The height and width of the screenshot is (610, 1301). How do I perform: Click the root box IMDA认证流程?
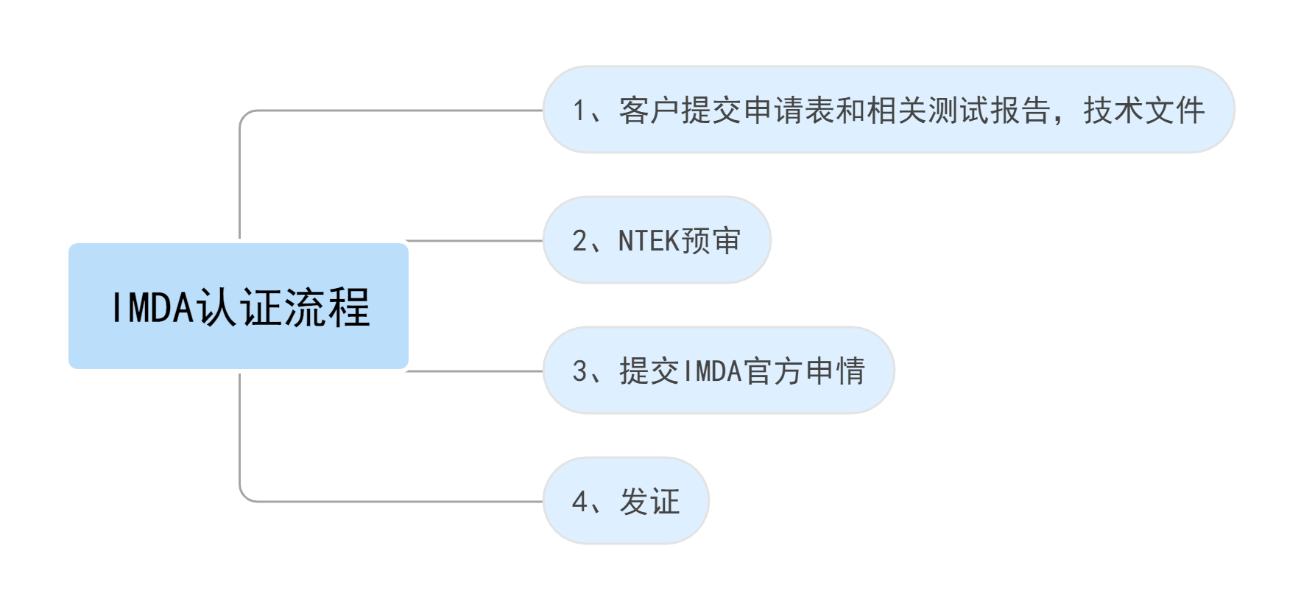click(x=239, y=306)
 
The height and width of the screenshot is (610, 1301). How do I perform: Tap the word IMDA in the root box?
click(x=150, y=307)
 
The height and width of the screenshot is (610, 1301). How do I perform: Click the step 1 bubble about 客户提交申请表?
click(x=888, y=110)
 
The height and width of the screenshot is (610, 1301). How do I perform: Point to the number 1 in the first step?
click(x=579, y=111)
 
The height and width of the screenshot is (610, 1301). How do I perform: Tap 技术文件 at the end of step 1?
click(x=1143, y=111)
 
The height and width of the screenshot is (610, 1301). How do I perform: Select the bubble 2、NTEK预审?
click(x=656, y=240)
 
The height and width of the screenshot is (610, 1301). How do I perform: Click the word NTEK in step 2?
click(x=648, y=241)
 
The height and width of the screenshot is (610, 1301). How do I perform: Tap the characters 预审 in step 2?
click(x=711, y=241)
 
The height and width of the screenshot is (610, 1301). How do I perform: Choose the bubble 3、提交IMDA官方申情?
click(x=719, y=371)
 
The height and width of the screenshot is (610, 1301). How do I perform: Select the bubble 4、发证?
click(x=626, y=501)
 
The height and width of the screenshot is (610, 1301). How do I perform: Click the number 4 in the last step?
click(x=580, y=502)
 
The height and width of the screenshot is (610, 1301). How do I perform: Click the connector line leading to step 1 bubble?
click(x=390, y=110)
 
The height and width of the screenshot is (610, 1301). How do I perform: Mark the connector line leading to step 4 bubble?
click(x=390, y=502)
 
